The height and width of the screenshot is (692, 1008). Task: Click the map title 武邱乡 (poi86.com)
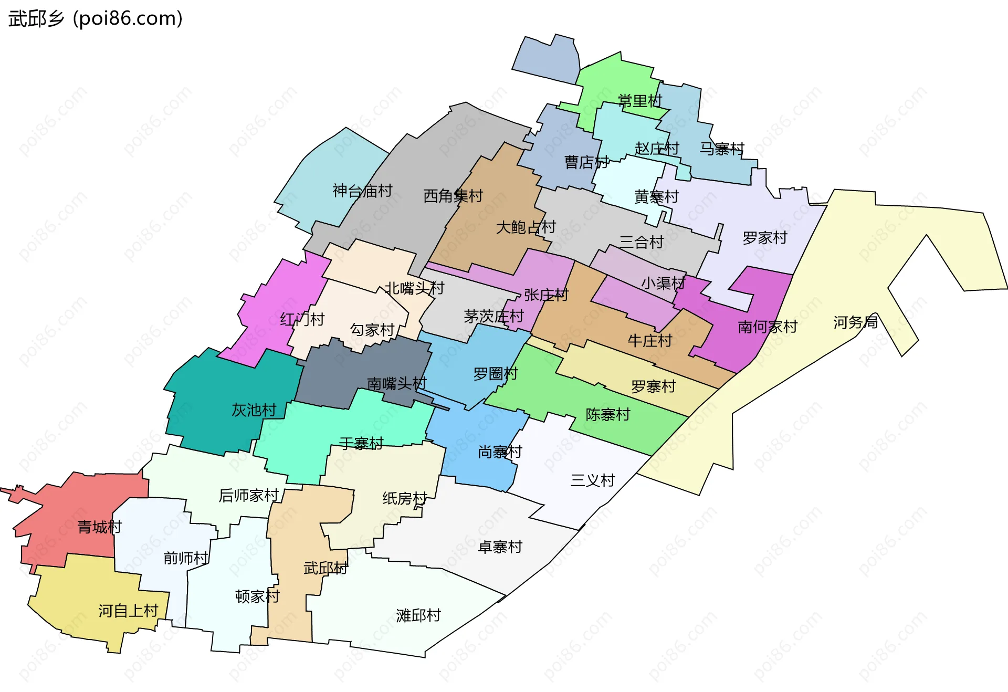pyautogui.click(x=96, y=18)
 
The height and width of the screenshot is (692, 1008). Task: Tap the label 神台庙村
pyautogui.click(x=362, y=191)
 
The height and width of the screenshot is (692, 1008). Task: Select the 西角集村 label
pyautogui.click(x=453, y=196)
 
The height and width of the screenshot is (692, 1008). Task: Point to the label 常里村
pyautogui.click(x=640, y=101)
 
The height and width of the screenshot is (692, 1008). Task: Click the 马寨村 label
pyautogui.click(x=722, y=149)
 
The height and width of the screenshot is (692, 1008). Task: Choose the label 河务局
pyautogui.click(x=855, y=322)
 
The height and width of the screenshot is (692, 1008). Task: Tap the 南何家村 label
pyautogui.click(x=768, y=327)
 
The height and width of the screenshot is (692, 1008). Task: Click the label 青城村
pyautogui.click(x=100, y=527)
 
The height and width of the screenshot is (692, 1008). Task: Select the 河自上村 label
pyautogui.click(x=128, y=611)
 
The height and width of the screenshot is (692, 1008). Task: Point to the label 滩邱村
pyautogui.click(x=418, y=615)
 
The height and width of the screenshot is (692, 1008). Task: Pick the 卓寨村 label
pyautogui.click(x=500, y=547)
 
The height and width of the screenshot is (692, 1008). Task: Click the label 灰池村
pyautogui.click(x=254, y=410)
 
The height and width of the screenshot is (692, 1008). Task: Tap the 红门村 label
pyautogui.click(x=302, y=319)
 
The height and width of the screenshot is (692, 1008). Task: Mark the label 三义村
pyautogui.click(x=593, y=480)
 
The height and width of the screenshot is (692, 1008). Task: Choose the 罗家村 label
pyautogui.click(x=765, y=238)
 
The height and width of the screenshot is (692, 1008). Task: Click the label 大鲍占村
pyautogui.click(x=526, y=227)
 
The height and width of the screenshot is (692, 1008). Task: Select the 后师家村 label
pyautogui.click(x=248, y=495)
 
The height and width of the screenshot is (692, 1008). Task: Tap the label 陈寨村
pyautogui.click(x=607, y=414)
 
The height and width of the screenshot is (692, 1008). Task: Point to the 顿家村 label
pyautogui.click(x=257, y=596)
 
